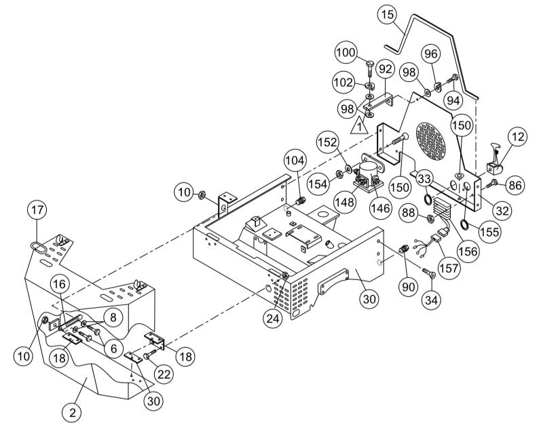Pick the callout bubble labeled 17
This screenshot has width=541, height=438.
(37, 210)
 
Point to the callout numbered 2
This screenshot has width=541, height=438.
(73, 410)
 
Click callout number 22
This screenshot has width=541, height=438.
(164, 372)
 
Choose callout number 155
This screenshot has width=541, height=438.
(487, 231)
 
